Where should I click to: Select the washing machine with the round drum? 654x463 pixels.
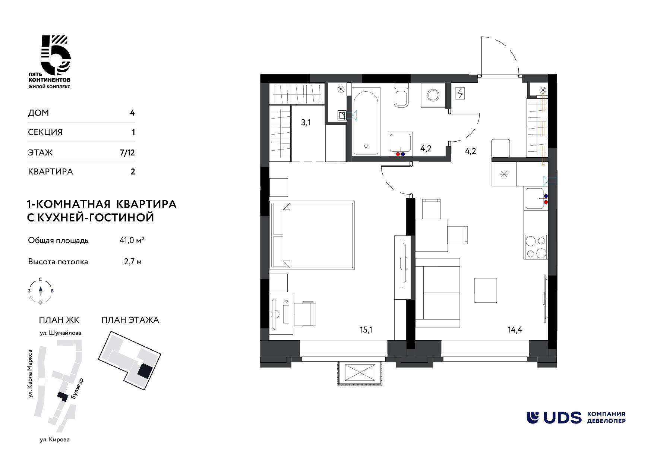coord(433,95)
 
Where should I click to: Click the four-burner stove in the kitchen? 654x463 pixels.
coord(536,247)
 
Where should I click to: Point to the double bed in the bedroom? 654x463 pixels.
coord(313,235)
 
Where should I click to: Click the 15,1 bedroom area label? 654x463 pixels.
coord(366,330)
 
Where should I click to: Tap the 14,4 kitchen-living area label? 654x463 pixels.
coord(515,330)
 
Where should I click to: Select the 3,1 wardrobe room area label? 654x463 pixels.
coord(306,123)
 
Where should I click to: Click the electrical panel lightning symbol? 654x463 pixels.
coord(460,93)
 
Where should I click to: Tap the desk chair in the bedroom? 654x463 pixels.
coord(305,314)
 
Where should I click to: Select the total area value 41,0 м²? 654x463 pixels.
coord(132,240)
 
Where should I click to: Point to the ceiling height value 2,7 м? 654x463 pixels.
coord(133,262)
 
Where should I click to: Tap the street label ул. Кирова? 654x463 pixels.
coord(55,440)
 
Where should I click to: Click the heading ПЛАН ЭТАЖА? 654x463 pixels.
coord(130,320)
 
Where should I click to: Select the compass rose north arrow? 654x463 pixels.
coord(41,290)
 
